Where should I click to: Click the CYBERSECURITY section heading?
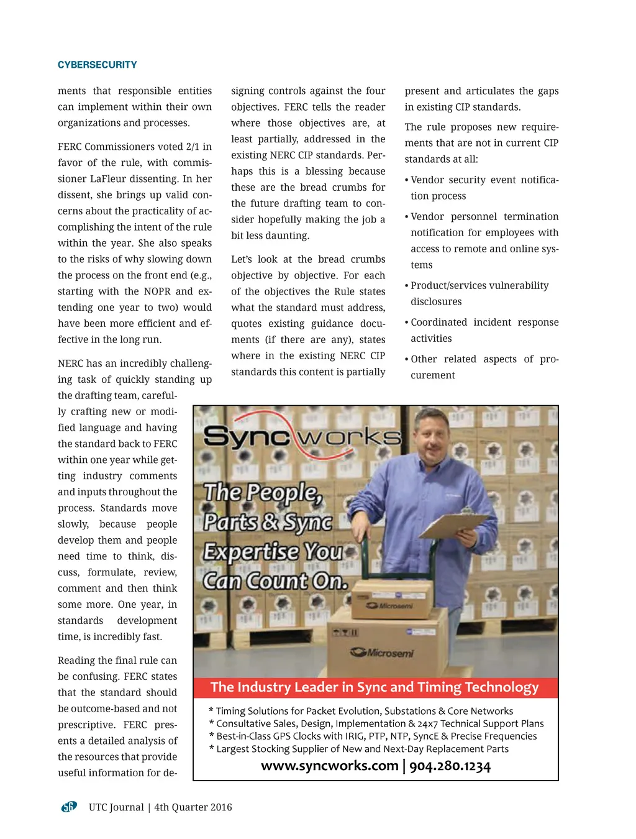[97, 65]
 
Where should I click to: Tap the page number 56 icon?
[68, 807]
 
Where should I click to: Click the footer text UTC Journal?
[116, 807]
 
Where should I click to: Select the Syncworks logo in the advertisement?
[302, 438]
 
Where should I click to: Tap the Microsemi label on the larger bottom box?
[381, 653]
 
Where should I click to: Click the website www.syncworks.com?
[329, 766]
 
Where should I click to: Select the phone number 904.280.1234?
[450, 766]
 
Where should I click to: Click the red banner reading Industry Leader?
[375, 687]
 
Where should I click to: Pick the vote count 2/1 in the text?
[193, 147]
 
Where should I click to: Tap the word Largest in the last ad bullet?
[234, 749]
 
